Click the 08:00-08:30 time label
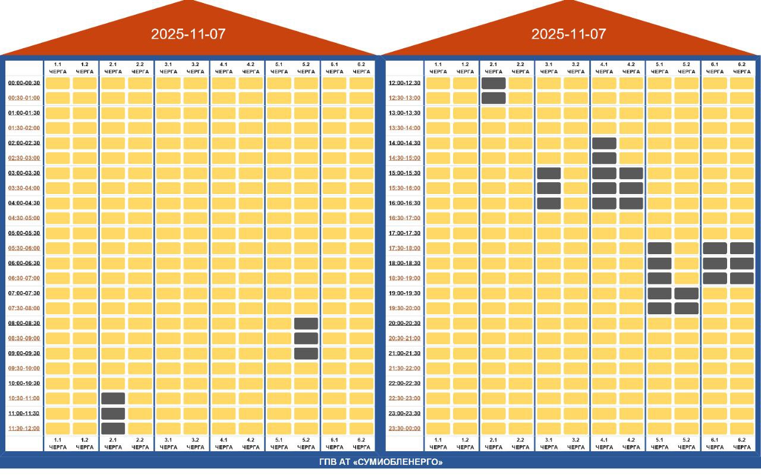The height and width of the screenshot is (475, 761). click(24, 323)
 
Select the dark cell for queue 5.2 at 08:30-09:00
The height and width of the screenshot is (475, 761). click(306, 338)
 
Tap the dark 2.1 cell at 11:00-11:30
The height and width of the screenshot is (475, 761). click(113, 414)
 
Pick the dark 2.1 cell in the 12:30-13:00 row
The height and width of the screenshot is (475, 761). click(493, 98)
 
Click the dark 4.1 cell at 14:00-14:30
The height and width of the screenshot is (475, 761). click(605, 143)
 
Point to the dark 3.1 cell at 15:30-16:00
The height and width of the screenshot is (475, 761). click(549, 188)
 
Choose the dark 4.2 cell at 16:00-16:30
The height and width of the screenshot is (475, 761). click(631, 203)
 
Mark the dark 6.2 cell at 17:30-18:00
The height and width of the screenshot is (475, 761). click(742, 248)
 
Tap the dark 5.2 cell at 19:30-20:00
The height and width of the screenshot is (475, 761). click(687, 308)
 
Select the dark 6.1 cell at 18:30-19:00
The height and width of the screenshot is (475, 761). click(715, 279)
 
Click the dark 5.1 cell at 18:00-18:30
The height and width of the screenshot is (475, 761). click(660, 263)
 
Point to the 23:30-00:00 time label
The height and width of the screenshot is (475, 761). click(405, 428)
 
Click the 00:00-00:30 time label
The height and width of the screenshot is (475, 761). click(24, 83)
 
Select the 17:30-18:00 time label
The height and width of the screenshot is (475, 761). click(405, 248)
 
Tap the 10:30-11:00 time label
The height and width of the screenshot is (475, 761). click(24, 398)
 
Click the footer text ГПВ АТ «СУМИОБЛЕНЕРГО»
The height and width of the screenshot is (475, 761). click(381, 462)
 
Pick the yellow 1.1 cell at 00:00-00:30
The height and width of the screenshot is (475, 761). click(58, 83)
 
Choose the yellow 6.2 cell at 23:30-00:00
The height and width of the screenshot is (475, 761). click(742, 429)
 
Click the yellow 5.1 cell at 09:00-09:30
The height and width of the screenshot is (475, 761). click(279, 353)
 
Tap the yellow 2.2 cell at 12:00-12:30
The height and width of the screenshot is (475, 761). click(520, 83)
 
